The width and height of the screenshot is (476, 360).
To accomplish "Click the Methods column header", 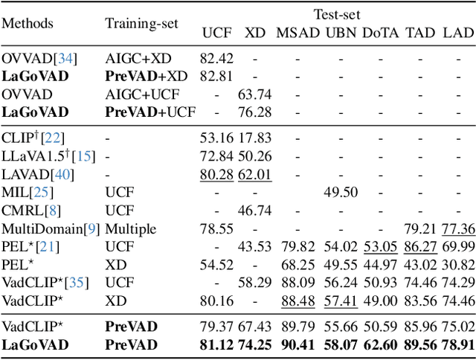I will tap(28, 23).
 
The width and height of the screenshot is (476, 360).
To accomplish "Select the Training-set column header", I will tap(141, 23).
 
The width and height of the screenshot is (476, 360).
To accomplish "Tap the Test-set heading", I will tap(337, 13).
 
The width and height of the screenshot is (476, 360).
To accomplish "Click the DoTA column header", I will tap(380, 33).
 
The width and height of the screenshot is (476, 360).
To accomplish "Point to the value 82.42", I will tap(216, 57).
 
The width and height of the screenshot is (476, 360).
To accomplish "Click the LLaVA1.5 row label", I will tap(38, 157).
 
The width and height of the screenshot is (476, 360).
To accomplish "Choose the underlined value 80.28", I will tap(216, 175).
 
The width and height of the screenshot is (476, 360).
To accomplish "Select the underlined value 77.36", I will tap(458, 228).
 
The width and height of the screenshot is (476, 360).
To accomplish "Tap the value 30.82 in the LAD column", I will tap(458, 264).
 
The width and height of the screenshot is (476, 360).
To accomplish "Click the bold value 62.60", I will tap(380, 344).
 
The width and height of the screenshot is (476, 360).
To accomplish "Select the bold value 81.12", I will tap(216, 344).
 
